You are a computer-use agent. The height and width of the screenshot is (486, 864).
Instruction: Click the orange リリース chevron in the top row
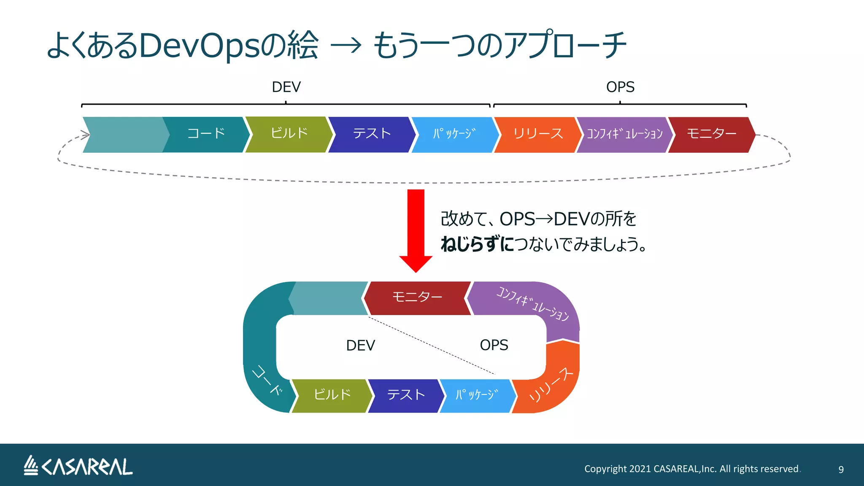point(537,134)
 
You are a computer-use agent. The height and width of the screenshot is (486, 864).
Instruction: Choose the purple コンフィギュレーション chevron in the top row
point(624,134)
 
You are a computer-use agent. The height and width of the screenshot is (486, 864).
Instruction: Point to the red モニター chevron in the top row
point(711,134)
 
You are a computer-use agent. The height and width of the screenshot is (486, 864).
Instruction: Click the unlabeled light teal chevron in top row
point(124,135)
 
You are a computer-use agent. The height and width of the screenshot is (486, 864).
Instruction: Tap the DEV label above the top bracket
point(286,87)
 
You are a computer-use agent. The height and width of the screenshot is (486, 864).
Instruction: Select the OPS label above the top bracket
point(620,87)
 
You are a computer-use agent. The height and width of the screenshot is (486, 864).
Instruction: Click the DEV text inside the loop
point(360,345)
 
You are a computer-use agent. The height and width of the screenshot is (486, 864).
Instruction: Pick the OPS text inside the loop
point(494,345)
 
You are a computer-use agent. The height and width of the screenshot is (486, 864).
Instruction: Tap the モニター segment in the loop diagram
point(417,297)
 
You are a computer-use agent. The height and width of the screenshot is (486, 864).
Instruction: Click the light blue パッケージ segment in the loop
point(477,395)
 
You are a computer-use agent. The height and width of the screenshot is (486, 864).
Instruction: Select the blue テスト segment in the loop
point(405,395)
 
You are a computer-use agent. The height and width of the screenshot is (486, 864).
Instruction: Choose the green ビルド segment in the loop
point(332,395)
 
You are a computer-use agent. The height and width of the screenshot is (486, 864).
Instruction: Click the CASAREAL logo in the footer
point(78,466)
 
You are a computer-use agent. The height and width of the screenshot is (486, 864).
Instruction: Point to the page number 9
point(840,470)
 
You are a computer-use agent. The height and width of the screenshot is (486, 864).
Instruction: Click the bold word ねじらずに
point(477,244)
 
